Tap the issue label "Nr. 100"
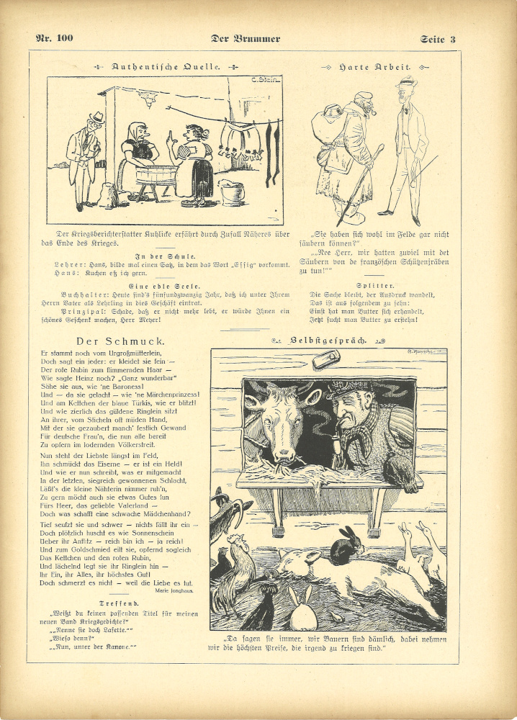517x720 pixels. (x=55, y=37)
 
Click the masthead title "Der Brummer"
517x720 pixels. (x=246, y=38)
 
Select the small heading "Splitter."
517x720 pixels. (x=373, y=285)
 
